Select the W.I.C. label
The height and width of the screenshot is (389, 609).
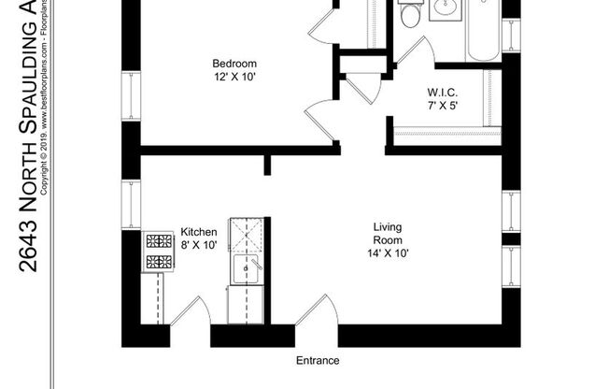440,93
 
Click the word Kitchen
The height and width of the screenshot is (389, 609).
198,232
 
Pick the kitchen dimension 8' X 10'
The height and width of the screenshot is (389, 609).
198,245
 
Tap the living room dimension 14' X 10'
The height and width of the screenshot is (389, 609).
388,252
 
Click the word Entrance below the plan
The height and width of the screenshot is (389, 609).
318,361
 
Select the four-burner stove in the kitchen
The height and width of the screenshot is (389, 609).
158,251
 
